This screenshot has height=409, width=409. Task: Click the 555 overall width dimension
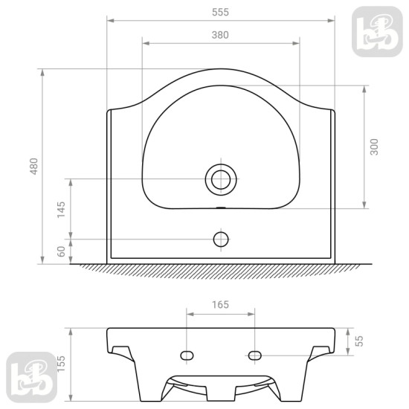coord(220,12)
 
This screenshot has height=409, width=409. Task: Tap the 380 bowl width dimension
coord(220,35)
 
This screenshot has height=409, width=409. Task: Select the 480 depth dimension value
coord(34,166)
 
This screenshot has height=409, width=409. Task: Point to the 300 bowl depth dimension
coord(374,147)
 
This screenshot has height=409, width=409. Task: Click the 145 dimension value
coord(61,210)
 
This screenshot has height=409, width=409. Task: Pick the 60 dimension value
coord(61,251)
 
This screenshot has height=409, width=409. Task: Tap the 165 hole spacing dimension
coord(220,305)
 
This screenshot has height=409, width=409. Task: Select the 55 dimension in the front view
coord(359,341)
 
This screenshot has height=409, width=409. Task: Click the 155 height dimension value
coord(61,364)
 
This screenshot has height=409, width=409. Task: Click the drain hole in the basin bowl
coord(221,180)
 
